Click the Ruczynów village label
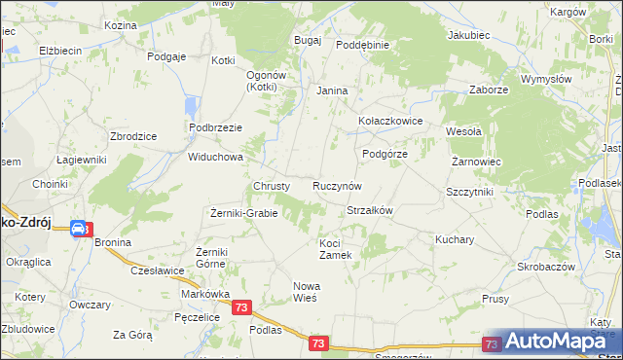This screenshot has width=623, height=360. tap(337, 186)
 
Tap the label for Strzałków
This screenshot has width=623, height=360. tap(369, 210)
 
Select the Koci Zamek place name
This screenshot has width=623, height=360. tap(342, 249)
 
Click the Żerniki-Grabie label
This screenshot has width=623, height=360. tap(244, 213)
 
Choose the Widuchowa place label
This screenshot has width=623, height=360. tap(215, 157)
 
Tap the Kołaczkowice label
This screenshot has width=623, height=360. tap(389, 122)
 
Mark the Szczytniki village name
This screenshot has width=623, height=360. tap(469, 193)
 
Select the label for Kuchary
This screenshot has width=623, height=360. tap(455, 239)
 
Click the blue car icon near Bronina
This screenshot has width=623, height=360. tap(78, 229)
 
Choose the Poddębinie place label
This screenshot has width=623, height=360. tap(362, 45)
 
